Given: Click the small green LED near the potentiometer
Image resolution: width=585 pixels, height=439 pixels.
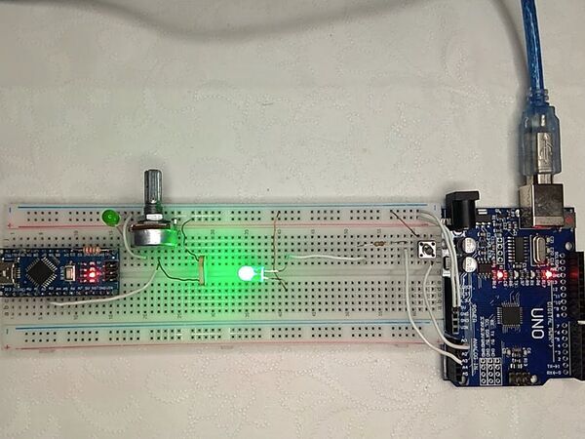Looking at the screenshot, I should (110, 217).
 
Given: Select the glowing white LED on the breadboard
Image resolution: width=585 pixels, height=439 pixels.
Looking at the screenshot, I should (247, 274).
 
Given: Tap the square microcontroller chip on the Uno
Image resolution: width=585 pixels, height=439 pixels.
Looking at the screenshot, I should (510, 314).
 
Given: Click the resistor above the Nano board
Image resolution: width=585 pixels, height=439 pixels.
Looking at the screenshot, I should (94, 250).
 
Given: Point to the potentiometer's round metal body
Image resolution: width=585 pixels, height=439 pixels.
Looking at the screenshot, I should (153, 232).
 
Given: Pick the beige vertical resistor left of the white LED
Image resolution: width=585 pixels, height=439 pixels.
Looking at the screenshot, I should (201, 268).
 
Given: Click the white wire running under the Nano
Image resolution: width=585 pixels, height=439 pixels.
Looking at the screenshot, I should (97, 300).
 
